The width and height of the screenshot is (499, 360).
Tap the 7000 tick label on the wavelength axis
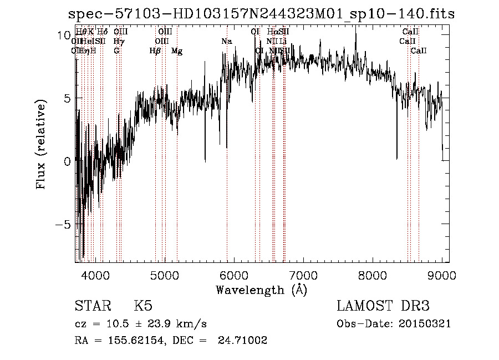point(303,275)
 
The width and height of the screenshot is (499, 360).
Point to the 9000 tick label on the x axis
point(442,275)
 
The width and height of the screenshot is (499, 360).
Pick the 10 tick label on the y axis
point(63,35)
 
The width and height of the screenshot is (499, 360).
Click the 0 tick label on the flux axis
point(67,161)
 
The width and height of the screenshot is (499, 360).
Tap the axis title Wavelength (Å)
point(262,290)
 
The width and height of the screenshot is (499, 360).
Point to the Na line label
point(226,42)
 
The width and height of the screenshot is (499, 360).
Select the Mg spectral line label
point(177,51)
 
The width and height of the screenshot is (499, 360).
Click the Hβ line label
point(155,51)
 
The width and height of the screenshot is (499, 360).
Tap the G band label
point(116,51)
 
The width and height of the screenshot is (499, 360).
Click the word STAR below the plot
point(92,306)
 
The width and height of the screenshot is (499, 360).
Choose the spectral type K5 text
point(143,306)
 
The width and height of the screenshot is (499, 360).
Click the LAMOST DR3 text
point(383,306)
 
